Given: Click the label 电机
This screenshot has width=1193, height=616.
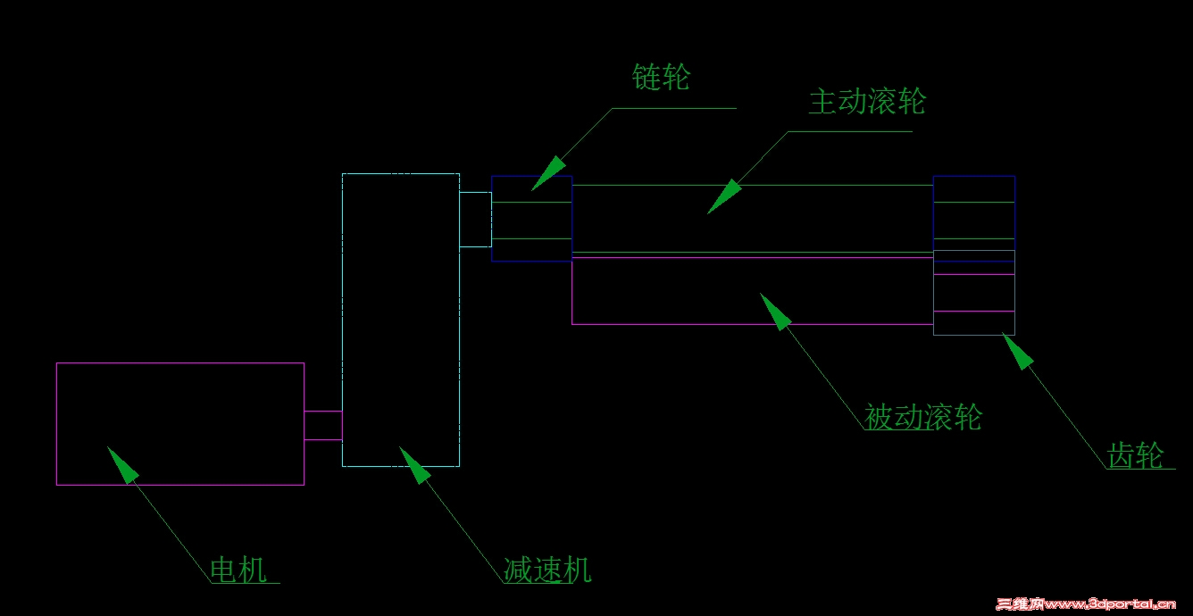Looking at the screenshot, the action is tap(238, 570).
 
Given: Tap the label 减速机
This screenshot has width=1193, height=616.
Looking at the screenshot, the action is tap(547, 570).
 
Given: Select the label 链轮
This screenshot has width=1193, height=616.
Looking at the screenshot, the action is tap(661, 77).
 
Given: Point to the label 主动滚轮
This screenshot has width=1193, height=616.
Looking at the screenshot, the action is tap(867, 101).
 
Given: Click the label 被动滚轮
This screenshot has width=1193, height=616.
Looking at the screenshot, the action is tap(923, 416).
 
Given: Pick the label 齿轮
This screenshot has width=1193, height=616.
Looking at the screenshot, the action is tap(1135, 455).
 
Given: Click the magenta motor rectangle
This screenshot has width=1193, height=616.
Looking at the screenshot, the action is tap(56, 424).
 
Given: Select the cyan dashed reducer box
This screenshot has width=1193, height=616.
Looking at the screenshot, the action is tap(343, 320).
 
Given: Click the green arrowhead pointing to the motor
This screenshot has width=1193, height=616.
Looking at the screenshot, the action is tap(123, 465).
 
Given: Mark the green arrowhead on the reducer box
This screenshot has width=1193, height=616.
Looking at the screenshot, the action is tap(415, 465).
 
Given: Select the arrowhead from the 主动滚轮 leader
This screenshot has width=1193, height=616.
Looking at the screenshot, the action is tap(724, 196).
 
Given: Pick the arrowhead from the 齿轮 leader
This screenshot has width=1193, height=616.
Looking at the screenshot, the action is tap(1018, 351).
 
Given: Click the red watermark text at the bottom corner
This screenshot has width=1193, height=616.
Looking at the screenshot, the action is tap(1086, 604).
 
